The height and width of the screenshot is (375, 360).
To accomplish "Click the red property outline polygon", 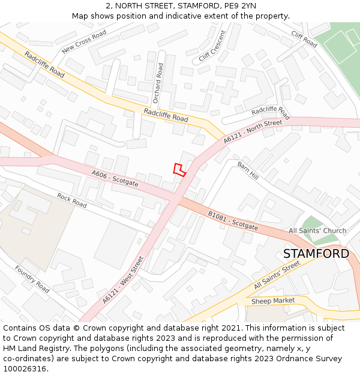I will (x=179, y=170).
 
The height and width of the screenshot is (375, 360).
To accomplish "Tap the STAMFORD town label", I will (x=316, y=254).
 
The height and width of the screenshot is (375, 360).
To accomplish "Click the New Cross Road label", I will (x=84, y=41).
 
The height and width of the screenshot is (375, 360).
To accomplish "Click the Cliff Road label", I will (x=304, y=39).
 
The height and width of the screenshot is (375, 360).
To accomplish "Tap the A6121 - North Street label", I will (x=252, y=131).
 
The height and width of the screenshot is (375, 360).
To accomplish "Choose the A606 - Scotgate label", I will (x=115, y=178).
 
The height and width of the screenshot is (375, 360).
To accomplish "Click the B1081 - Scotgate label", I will (x=233, y=221).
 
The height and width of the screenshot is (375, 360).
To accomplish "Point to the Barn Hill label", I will (x=247, y=171).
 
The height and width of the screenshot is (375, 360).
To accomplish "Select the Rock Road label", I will (x=72, y=200).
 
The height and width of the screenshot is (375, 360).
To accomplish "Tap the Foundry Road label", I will (x=32, y=279).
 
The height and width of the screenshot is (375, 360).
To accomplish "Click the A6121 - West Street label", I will (x=123, y=280).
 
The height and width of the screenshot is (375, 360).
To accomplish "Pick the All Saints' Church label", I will (x=317, y=231).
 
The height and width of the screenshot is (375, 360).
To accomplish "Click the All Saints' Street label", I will (x=277, y=275).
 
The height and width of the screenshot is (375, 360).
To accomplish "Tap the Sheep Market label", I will (x=273, y=301).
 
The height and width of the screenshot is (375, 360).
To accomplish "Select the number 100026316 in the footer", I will (x=25, y=368).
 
